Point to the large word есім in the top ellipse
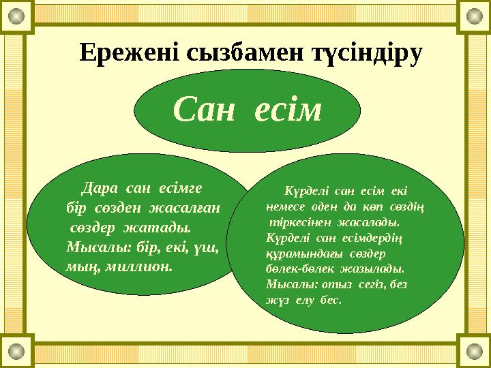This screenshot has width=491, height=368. (288, 110)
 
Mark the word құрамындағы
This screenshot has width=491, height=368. (295, 252)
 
